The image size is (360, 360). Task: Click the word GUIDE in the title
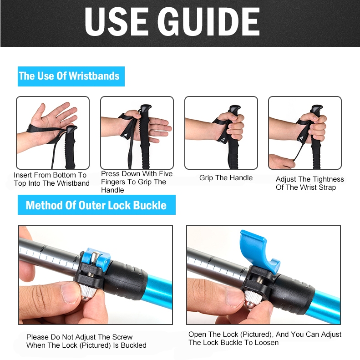click(209, 22)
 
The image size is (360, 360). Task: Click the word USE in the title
click(117, 22)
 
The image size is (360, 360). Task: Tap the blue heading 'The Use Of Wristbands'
click(71, 76)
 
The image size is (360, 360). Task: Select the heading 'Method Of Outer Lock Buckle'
click(96, 205)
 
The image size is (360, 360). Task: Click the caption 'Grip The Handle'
click(226, 177)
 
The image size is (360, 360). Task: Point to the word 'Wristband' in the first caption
click(73, 183)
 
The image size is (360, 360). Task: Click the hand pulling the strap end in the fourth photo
click(281, 161)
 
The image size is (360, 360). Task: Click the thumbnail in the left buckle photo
click(71, 293)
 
